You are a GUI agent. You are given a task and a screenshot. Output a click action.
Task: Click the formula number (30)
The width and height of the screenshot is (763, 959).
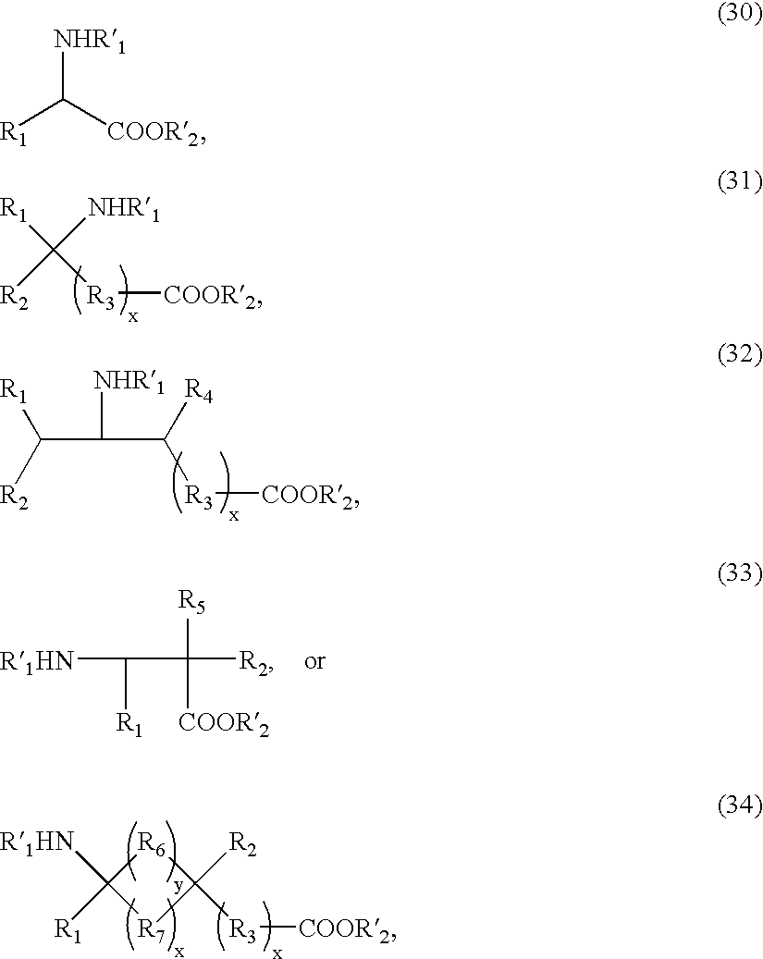[x=740, y=14]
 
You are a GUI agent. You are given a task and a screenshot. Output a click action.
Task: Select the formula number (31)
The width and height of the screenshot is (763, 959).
[x=740, y=181]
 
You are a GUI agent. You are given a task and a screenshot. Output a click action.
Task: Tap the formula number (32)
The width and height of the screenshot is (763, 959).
[x=740, y=355]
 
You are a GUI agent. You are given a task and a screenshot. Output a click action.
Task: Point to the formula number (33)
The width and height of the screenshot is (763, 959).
[x=740, y=573]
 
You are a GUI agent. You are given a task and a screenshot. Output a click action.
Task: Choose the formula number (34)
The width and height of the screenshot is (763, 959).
[x=740, y=806]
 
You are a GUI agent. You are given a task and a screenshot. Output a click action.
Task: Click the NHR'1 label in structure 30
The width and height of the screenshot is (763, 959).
[x=90, y=41]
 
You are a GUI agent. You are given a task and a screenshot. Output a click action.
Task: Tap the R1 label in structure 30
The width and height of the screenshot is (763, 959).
[x=14, y=133]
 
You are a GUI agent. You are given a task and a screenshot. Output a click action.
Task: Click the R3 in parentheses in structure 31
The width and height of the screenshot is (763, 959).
[x=101, y=297]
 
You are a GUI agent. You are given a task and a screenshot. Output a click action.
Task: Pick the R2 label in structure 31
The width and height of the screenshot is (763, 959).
[x=14, y=297]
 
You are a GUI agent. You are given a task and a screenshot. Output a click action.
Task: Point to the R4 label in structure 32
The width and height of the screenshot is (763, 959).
[x=199, y=389]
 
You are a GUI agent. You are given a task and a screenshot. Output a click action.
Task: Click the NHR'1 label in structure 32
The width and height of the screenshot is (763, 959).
[x=129, y=382]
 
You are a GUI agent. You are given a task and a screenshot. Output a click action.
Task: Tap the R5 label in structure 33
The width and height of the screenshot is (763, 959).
[x=191, y=602]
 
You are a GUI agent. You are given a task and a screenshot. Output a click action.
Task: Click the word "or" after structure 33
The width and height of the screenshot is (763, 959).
[x=314, y=662]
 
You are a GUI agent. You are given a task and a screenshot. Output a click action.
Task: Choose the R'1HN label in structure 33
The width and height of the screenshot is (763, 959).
[x=37, y=662]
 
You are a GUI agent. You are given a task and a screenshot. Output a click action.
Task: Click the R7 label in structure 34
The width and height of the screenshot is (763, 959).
[x=151, y=931]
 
